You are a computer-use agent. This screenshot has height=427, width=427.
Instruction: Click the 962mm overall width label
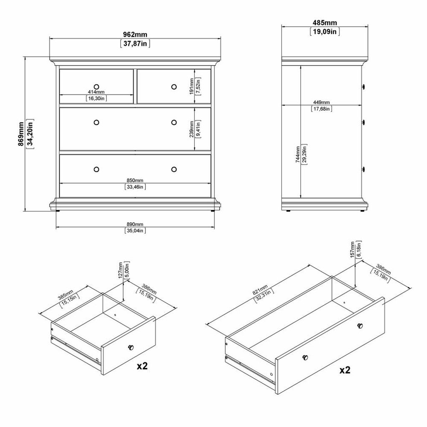click(x=135, y=35)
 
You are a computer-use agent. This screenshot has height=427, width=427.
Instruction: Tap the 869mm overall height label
click(x=21, y=134)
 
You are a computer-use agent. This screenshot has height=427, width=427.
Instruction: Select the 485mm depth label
click(x=324, y=23)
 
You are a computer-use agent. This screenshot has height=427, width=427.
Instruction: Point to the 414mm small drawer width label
click(x=96, y=92)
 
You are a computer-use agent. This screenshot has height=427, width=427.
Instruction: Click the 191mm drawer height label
click(x=191, y=86)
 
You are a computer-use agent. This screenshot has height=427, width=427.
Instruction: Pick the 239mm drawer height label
click(x=191, y=129)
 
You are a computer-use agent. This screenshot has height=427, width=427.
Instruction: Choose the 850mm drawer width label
click(x=135, y=180)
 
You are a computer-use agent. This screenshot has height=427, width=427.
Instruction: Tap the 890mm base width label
click(x=135, y=224)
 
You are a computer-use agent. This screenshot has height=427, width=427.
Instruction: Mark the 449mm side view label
click(x=322, y=103)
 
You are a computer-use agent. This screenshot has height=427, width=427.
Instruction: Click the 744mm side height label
click(x=298, y=154)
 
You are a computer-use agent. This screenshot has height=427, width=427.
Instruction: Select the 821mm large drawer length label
click(x=260, y=289)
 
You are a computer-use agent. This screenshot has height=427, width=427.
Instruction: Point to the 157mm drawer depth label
click(x=353, y=249)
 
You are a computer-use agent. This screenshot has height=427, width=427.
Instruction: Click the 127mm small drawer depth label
click(x=121, y=270)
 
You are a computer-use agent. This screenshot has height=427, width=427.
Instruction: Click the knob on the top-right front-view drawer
click(x=174, y=87)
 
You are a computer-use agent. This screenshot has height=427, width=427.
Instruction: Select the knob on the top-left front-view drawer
click(x=96, y=87)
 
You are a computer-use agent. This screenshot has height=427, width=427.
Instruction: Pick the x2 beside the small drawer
click(x=142, y=366)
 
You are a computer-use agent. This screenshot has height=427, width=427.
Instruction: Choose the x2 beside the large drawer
click(x=345, y=370)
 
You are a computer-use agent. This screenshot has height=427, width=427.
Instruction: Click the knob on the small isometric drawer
click(x=131, y=347)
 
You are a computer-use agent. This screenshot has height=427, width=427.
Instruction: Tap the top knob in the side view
click(x=363, y=87)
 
